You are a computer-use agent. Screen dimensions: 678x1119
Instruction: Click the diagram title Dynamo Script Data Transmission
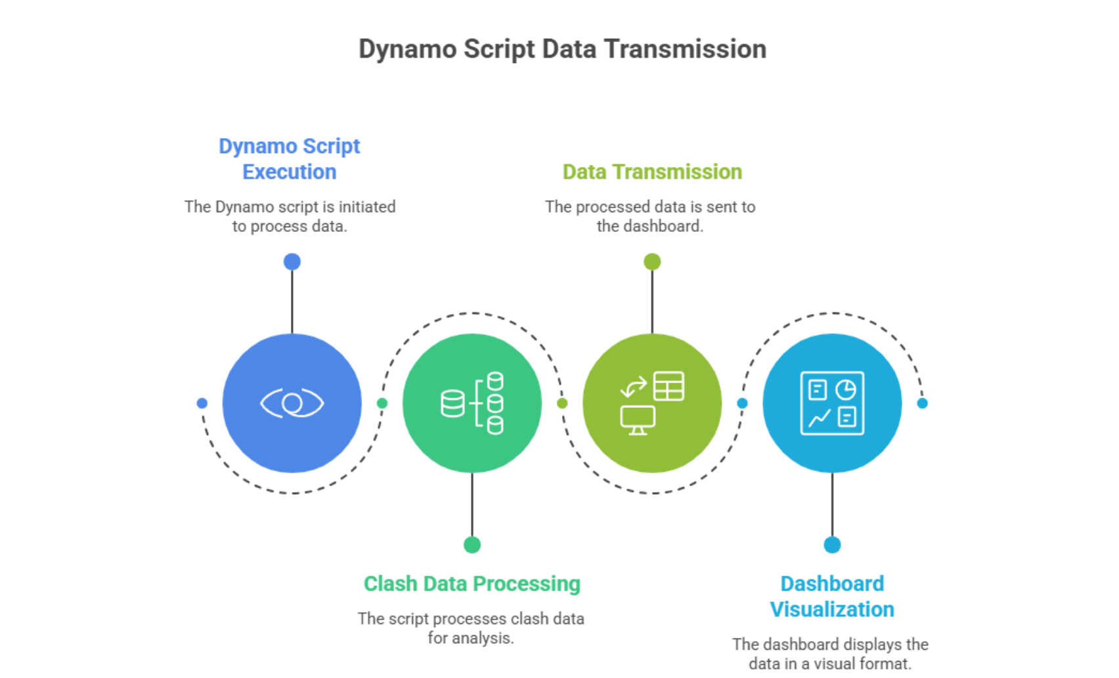point(562,49)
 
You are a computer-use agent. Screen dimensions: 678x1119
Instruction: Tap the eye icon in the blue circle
point(292,403)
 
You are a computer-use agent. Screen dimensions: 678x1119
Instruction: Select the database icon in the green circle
point(472,403)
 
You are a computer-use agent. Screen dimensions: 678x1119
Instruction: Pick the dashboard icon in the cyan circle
point(832,403)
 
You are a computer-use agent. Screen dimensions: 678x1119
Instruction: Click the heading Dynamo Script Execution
point(290,158)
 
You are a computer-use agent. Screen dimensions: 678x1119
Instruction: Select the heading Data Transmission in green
point(652,171)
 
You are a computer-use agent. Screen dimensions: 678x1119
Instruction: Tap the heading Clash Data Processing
point(472,583)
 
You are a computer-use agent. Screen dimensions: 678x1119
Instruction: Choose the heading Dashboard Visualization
point(832,597)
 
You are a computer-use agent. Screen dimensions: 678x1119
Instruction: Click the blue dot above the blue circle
point(292,262)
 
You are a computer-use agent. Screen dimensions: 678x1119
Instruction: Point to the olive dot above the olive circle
point(652,262)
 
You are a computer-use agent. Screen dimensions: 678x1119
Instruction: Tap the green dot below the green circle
point(472,545)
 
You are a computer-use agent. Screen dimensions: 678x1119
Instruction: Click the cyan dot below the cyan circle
point(832,545)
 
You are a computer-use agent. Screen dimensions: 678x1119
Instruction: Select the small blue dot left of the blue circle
point(202,403)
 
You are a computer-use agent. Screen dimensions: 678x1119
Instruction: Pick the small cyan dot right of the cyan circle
point(922,403)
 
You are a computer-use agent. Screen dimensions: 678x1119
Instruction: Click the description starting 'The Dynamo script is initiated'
point(290,216)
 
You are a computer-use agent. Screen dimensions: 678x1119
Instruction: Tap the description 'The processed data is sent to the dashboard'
point(650,216)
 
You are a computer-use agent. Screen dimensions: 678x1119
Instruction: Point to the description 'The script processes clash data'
point(471,628)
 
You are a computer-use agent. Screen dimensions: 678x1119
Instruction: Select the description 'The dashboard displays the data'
point(831,654)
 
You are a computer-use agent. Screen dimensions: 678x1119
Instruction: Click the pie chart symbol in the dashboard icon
point(846,390)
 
